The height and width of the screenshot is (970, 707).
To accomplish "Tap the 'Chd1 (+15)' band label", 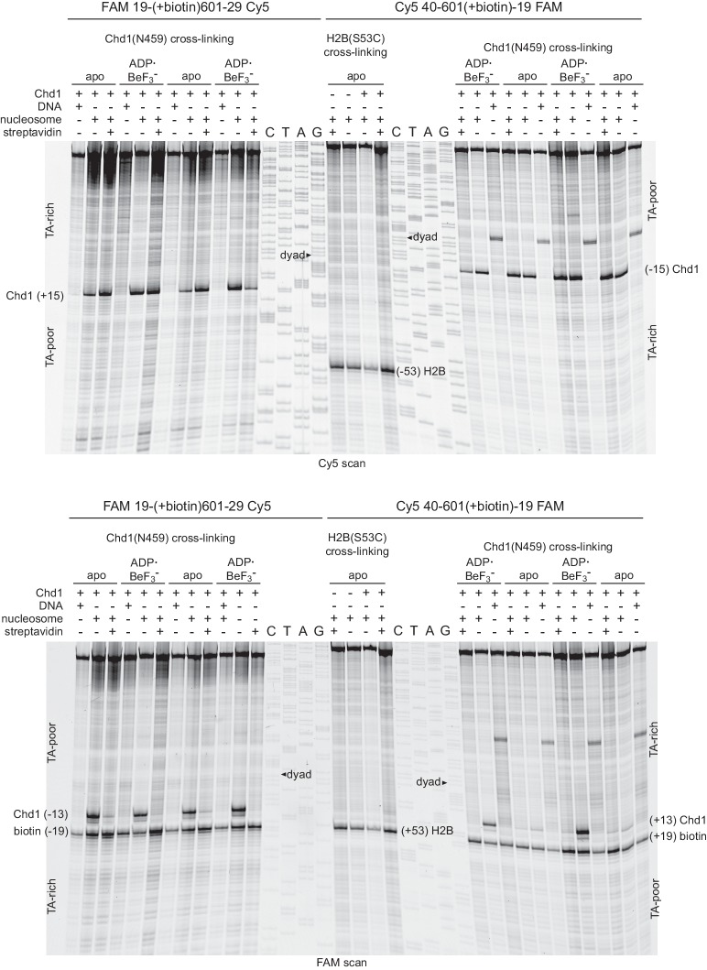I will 35,295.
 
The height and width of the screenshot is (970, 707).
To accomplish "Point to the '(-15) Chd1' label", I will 672,269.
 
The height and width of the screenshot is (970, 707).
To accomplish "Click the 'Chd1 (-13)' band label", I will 35,814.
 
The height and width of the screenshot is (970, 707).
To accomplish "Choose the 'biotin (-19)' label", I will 35,832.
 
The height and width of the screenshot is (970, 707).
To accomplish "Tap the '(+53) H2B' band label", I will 425,832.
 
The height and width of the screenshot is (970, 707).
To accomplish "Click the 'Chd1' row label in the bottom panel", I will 49,594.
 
